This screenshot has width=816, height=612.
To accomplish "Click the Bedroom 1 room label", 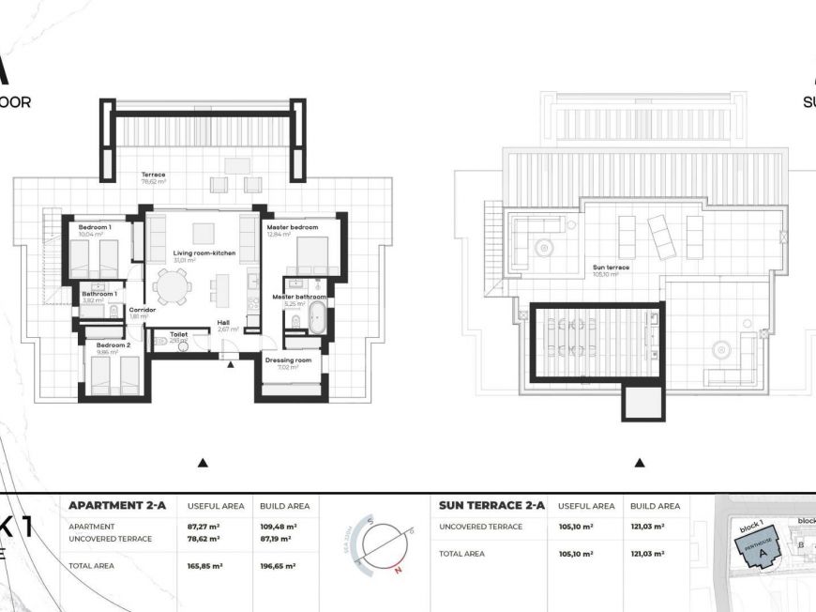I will coord(95,228).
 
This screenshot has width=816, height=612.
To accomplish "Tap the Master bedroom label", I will coord(292,228).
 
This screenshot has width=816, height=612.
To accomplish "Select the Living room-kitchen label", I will coord(204,253).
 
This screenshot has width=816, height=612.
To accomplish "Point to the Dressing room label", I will coord(289,360).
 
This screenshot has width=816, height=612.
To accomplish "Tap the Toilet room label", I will coord(178,333).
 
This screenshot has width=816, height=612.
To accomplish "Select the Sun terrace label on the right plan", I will coord(611,268).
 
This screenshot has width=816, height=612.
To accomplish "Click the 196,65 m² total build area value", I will coord(279,566).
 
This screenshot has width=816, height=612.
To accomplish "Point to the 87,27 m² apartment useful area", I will coord(205,527).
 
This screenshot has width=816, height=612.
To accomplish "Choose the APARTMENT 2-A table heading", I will coord(117,505).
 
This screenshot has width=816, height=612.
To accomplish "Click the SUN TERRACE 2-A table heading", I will coord(492,505).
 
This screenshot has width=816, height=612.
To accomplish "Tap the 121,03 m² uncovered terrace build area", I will coord(647,527).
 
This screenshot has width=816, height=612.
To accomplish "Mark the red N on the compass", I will coord(398,568).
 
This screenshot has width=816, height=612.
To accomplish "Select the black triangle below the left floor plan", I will coord(203,463).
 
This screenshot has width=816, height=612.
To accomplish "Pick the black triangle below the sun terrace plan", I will coord(640,463).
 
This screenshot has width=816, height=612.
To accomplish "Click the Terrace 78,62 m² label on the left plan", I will coord(153,176).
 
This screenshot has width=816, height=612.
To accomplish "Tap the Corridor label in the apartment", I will coord(142,310).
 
